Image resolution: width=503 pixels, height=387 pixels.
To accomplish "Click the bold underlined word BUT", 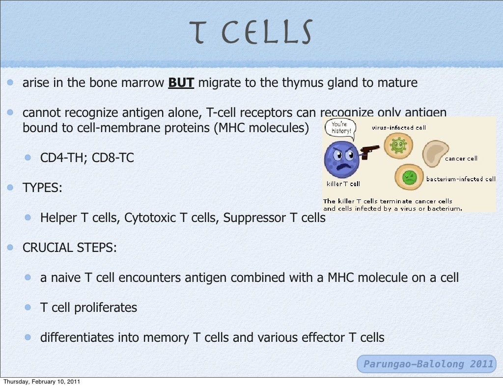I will click(x=181, y=83).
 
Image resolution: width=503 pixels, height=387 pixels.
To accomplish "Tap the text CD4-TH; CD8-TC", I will click(x=87, y=158).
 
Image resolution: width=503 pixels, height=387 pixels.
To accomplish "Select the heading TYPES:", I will click(x=42, y=187).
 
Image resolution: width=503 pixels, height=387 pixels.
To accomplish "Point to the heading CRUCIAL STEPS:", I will click(x=70, y=248).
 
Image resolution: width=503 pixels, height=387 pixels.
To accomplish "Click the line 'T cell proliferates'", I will click(x=88, y=308).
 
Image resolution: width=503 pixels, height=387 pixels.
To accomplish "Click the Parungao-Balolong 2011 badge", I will click(x=427, y=364).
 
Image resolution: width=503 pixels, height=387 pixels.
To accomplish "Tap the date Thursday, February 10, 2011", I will click(x=41, y=382).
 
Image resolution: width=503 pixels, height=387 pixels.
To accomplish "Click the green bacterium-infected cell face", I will click(x=409, y=177).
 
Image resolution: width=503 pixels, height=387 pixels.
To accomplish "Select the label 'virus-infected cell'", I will click(x=398, y=128).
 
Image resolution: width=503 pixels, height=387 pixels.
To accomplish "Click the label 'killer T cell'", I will click(x=343, y=184).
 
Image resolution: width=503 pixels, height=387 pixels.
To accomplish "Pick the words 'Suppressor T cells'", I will click(x=274, y=218).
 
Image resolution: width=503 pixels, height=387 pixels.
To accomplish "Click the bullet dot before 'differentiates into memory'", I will click(x=28, y=337).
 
